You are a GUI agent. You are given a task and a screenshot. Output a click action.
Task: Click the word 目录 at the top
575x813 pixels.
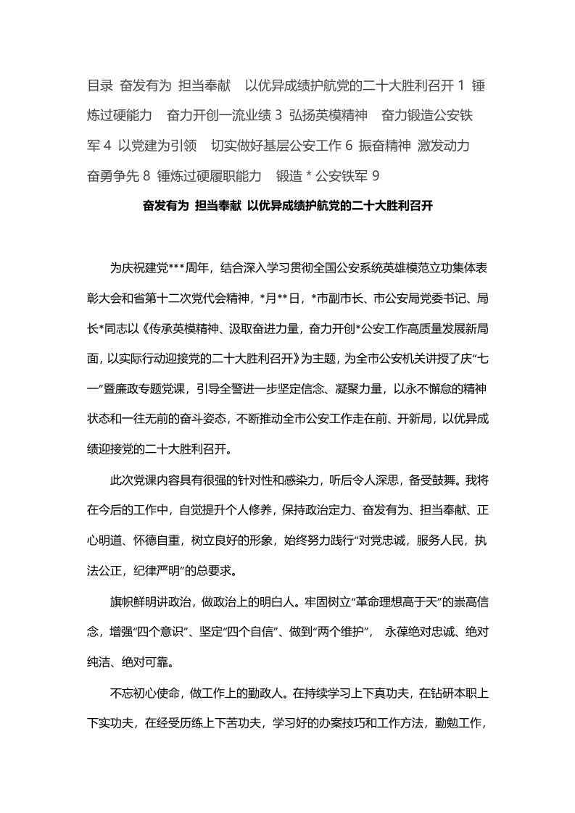click(99, 86)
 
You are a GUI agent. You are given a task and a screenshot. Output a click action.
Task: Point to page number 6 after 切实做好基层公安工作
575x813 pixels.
click(349, 145)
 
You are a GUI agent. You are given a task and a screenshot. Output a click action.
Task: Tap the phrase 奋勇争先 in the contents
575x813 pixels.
click(112, 175)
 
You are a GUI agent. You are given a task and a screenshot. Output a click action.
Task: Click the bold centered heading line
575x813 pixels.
click(288, 206)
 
